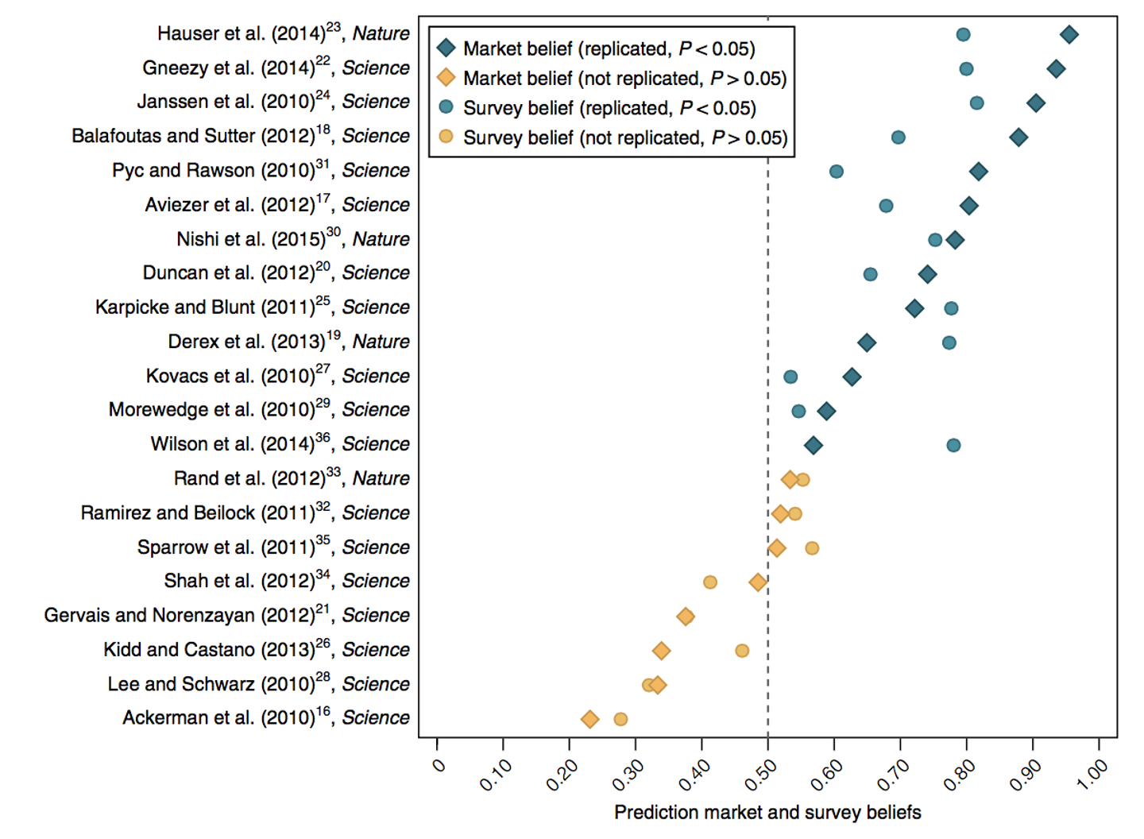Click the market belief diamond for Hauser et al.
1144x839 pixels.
click(1069, 34)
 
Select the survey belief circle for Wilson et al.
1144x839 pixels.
click(953, 445)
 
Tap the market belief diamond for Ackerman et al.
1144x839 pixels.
click(589, 719)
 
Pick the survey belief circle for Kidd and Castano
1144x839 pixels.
click(742, 651)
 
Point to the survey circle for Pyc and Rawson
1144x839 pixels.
click(837, 172)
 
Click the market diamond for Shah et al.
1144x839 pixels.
click(758, 582)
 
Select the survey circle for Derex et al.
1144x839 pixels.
click(949, 342)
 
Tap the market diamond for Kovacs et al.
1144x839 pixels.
click(852, 377)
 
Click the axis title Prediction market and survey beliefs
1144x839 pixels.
click(767, 812)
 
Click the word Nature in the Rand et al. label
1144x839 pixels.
click(381, 478)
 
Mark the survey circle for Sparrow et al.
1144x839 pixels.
click(812, 548)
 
